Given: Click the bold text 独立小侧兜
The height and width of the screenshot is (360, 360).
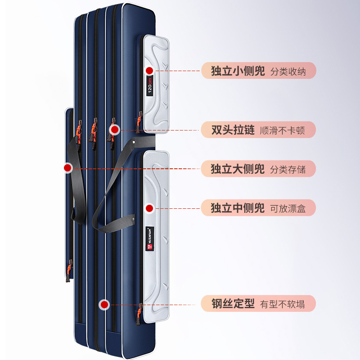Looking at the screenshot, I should click(x=238, y=71).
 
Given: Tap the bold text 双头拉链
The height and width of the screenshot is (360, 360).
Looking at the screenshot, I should click(x=233, y=130).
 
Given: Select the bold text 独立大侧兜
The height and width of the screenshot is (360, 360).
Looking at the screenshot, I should click(x=238, y=169).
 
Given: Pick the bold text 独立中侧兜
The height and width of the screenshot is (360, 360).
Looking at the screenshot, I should click(x=238, y=208).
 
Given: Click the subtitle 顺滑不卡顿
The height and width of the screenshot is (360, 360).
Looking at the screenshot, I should click(x=282, y=130).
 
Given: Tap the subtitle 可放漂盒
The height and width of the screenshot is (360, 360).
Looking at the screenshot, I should click(x=288, y=208).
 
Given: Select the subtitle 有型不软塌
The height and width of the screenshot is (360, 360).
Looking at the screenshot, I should click(x=282, y=304).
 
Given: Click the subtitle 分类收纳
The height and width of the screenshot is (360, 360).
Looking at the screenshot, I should click(x=288, y=72).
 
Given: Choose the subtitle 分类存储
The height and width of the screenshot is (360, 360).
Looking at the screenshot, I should click(x=288, y=169).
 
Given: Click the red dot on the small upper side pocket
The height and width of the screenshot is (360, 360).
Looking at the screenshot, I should click(x=150, y=70).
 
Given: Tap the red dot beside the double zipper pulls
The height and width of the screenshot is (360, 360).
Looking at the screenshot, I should click(x=115, y=130).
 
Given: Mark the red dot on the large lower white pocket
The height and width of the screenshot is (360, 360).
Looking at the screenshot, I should click(x=150, y=208).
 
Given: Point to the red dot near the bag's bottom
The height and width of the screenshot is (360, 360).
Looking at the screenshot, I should click(x=105, y=304).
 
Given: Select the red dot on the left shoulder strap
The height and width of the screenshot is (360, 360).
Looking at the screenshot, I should click(x=68, y=168).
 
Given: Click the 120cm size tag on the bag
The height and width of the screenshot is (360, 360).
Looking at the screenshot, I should click(x=150, y=85).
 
